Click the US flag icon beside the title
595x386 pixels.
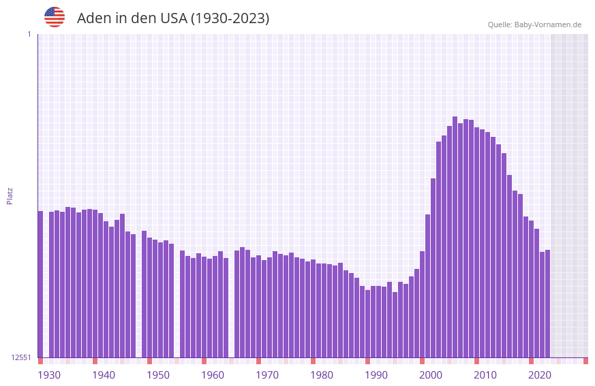click(x=55, y=17)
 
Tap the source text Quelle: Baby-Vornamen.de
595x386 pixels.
click(x=534, y=25)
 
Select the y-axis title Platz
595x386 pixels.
click(x=10, y=195)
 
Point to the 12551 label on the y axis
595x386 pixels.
click(x=21, y=357)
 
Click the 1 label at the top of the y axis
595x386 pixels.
click(x=29, y=34)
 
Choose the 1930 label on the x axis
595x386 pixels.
click(x=49, y=375)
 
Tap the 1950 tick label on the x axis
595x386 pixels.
click(x=158, y=375)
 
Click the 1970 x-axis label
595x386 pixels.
click(x=267, y=375)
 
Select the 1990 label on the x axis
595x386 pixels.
click(x=376, y=375)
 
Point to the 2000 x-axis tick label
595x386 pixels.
click(x=431, y=375)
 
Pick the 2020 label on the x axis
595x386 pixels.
click(x=540, y=375)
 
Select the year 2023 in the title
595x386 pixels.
click(x=248, y=18)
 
